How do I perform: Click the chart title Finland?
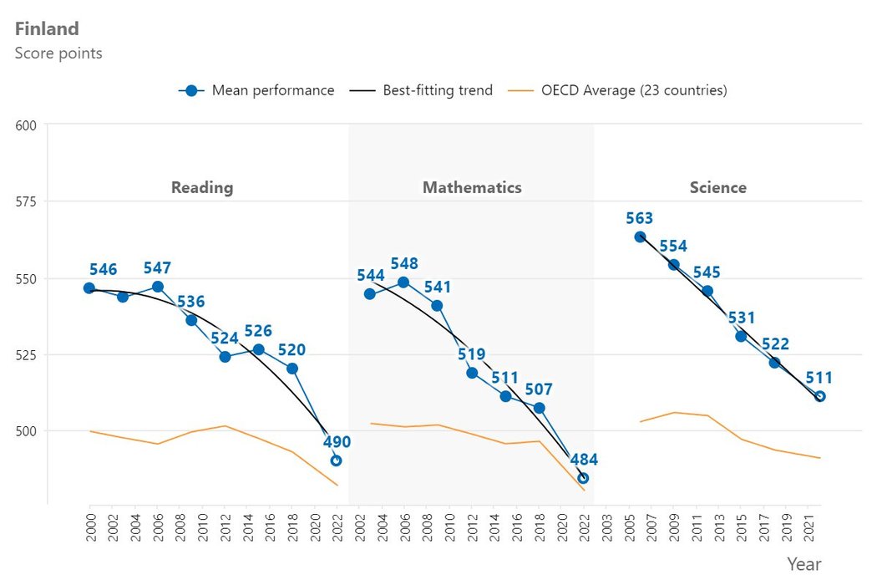(47, 28)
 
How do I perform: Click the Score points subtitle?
(58, 53)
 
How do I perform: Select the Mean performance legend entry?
(256, 90)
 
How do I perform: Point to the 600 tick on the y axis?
(26, 125)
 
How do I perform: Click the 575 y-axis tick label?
(26, 201)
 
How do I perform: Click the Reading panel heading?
(202, 187)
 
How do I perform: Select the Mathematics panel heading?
(472, 187)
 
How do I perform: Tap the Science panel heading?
(717, 187)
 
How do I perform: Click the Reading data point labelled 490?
(336, 460)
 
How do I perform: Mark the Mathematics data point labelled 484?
(583, 478)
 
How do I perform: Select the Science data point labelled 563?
(640, 237)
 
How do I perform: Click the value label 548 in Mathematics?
(403, 264)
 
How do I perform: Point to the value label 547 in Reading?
(157, 268)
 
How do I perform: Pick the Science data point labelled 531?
(741, 336)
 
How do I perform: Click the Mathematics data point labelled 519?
(472, 373)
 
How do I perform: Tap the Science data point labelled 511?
(819, 396)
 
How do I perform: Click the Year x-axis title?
(803, 564)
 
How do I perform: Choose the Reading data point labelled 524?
(225, 357)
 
